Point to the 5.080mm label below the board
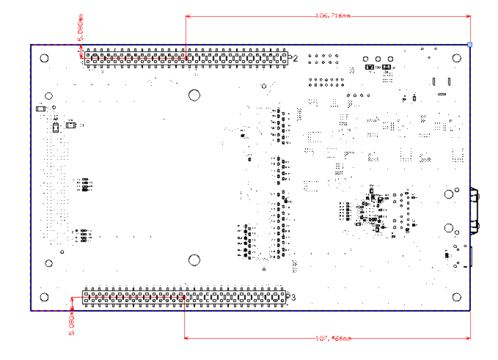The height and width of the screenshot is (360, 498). click(x=72, y=323)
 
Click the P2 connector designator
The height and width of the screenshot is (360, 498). click(x=293, y=58)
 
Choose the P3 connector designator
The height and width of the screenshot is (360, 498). click(x=292, y=297)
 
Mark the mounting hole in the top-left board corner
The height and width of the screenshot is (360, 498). click(x=45, y=59)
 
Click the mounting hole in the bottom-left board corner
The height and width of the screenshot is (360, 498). click(x=45, y=297)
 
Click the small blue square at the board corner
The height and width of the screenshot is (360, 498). click(x=470, y=45)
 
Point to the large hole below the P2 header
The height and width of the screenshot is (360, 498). click(x=194, y=95)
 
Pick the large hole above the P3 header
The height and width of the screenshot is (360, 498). click(x=194, y=260)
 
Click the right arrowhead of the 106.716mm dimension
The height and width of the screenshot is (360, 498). click(x=466, y=15)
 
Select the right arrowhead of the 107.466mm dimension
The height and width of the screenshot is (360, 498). click(x=466, y=338)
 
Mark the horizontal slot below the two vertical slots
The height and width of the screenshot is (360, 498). click(x=442, y=94)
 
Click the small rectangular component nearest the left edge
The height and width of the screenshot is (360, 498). click(x=40, y=110)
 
